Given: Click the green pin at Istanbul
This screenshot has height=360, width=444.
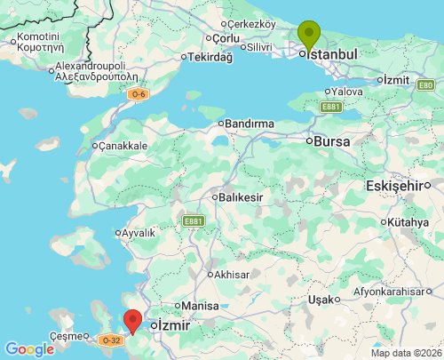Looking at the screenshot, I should [308, 35].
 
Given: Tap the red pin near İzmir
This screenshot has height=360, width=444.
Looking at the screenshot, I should [133, 320].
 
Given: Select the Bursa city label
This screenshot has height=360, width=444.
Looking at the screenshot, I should [331, 141].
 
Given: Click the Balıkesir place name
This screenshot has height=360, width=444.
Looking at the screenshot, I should [241, 196].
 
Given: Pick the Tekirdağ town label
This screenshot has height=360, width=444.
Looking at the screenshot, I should [210, 57].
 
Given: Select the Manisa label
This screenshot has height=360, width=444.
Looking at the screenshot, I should [201, 306].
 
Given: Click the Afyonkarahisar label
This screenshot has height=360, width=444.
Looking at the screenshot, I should [396, 292].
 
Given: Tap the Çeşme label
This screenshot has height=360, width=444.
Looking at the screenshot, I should [66, 336].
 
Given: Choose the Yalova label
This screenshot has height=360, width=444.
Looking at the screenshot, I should [347, 92].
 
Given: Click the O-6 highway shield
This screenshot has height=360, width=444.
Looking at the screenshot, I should [138, 94].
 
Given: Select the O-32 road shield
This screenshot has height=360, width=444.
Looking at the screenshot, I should [110, 340].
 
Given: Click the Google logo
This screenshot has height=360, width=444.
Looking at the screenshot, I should [29, 349].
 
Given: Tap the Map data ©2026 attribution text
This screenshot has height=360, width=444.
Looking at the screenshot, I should [405, 353].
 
